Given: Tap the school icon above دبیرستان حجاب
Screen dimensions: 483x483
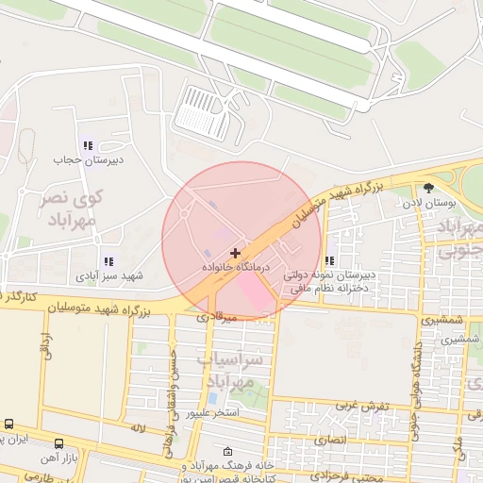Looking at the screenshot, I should click(x=87, y=146).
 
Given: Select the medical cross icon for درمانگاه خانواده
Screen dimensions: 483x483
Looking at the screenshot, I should click(x=235, y=253).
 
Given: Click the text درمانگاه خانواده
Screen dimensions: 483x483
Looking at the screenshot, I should click(x=236, y=269).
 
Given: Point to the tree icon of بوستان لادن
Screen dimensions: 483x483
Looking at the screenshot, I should click(x=428, y=188).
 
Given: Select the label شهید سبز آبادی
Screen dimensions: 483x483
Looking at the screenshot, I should click(x=110, y=276).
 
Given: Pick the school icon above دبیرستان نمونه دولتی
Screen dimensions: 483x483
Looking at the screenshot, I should click(x=329, y=260).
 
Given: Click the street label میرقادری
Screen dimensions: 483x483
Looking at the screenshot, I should click(x=215, y=317).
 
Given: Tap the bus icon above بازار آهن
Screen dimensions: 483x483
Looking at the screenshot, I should click(x=58, y=443).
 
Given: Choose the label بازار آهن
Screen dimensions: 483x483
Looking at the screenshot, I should click(x=59, y=458).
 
